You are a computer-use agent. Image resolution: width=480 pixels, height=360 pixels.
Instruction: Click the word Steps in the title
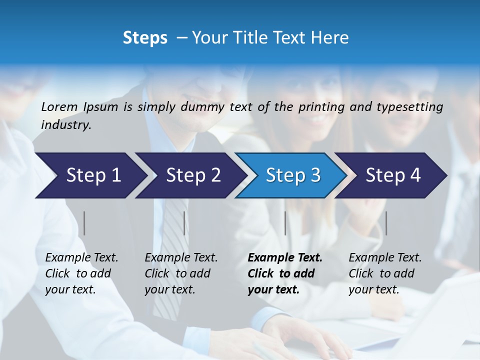coord(145,38)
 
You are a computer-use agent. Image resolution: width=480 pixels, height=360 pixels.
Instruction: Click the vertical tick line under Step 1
coord(84,223)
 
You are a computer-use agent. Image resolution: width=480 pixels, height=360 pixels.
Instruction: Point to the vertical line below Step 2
coord(184,223)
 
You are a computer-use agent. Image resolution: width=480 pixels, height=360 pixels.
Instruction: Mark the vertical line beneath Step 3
coord(285,223)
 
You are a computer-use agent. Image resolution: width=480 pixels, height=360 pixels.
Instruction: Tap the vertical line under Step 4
coord(386,223)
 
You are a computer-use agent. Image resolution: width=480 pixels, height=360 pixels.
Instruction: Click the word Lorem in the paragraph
coord(59,106)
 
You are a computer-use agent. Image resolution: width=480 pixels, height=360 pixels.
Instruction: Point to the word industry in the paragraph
coord(65,125)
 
